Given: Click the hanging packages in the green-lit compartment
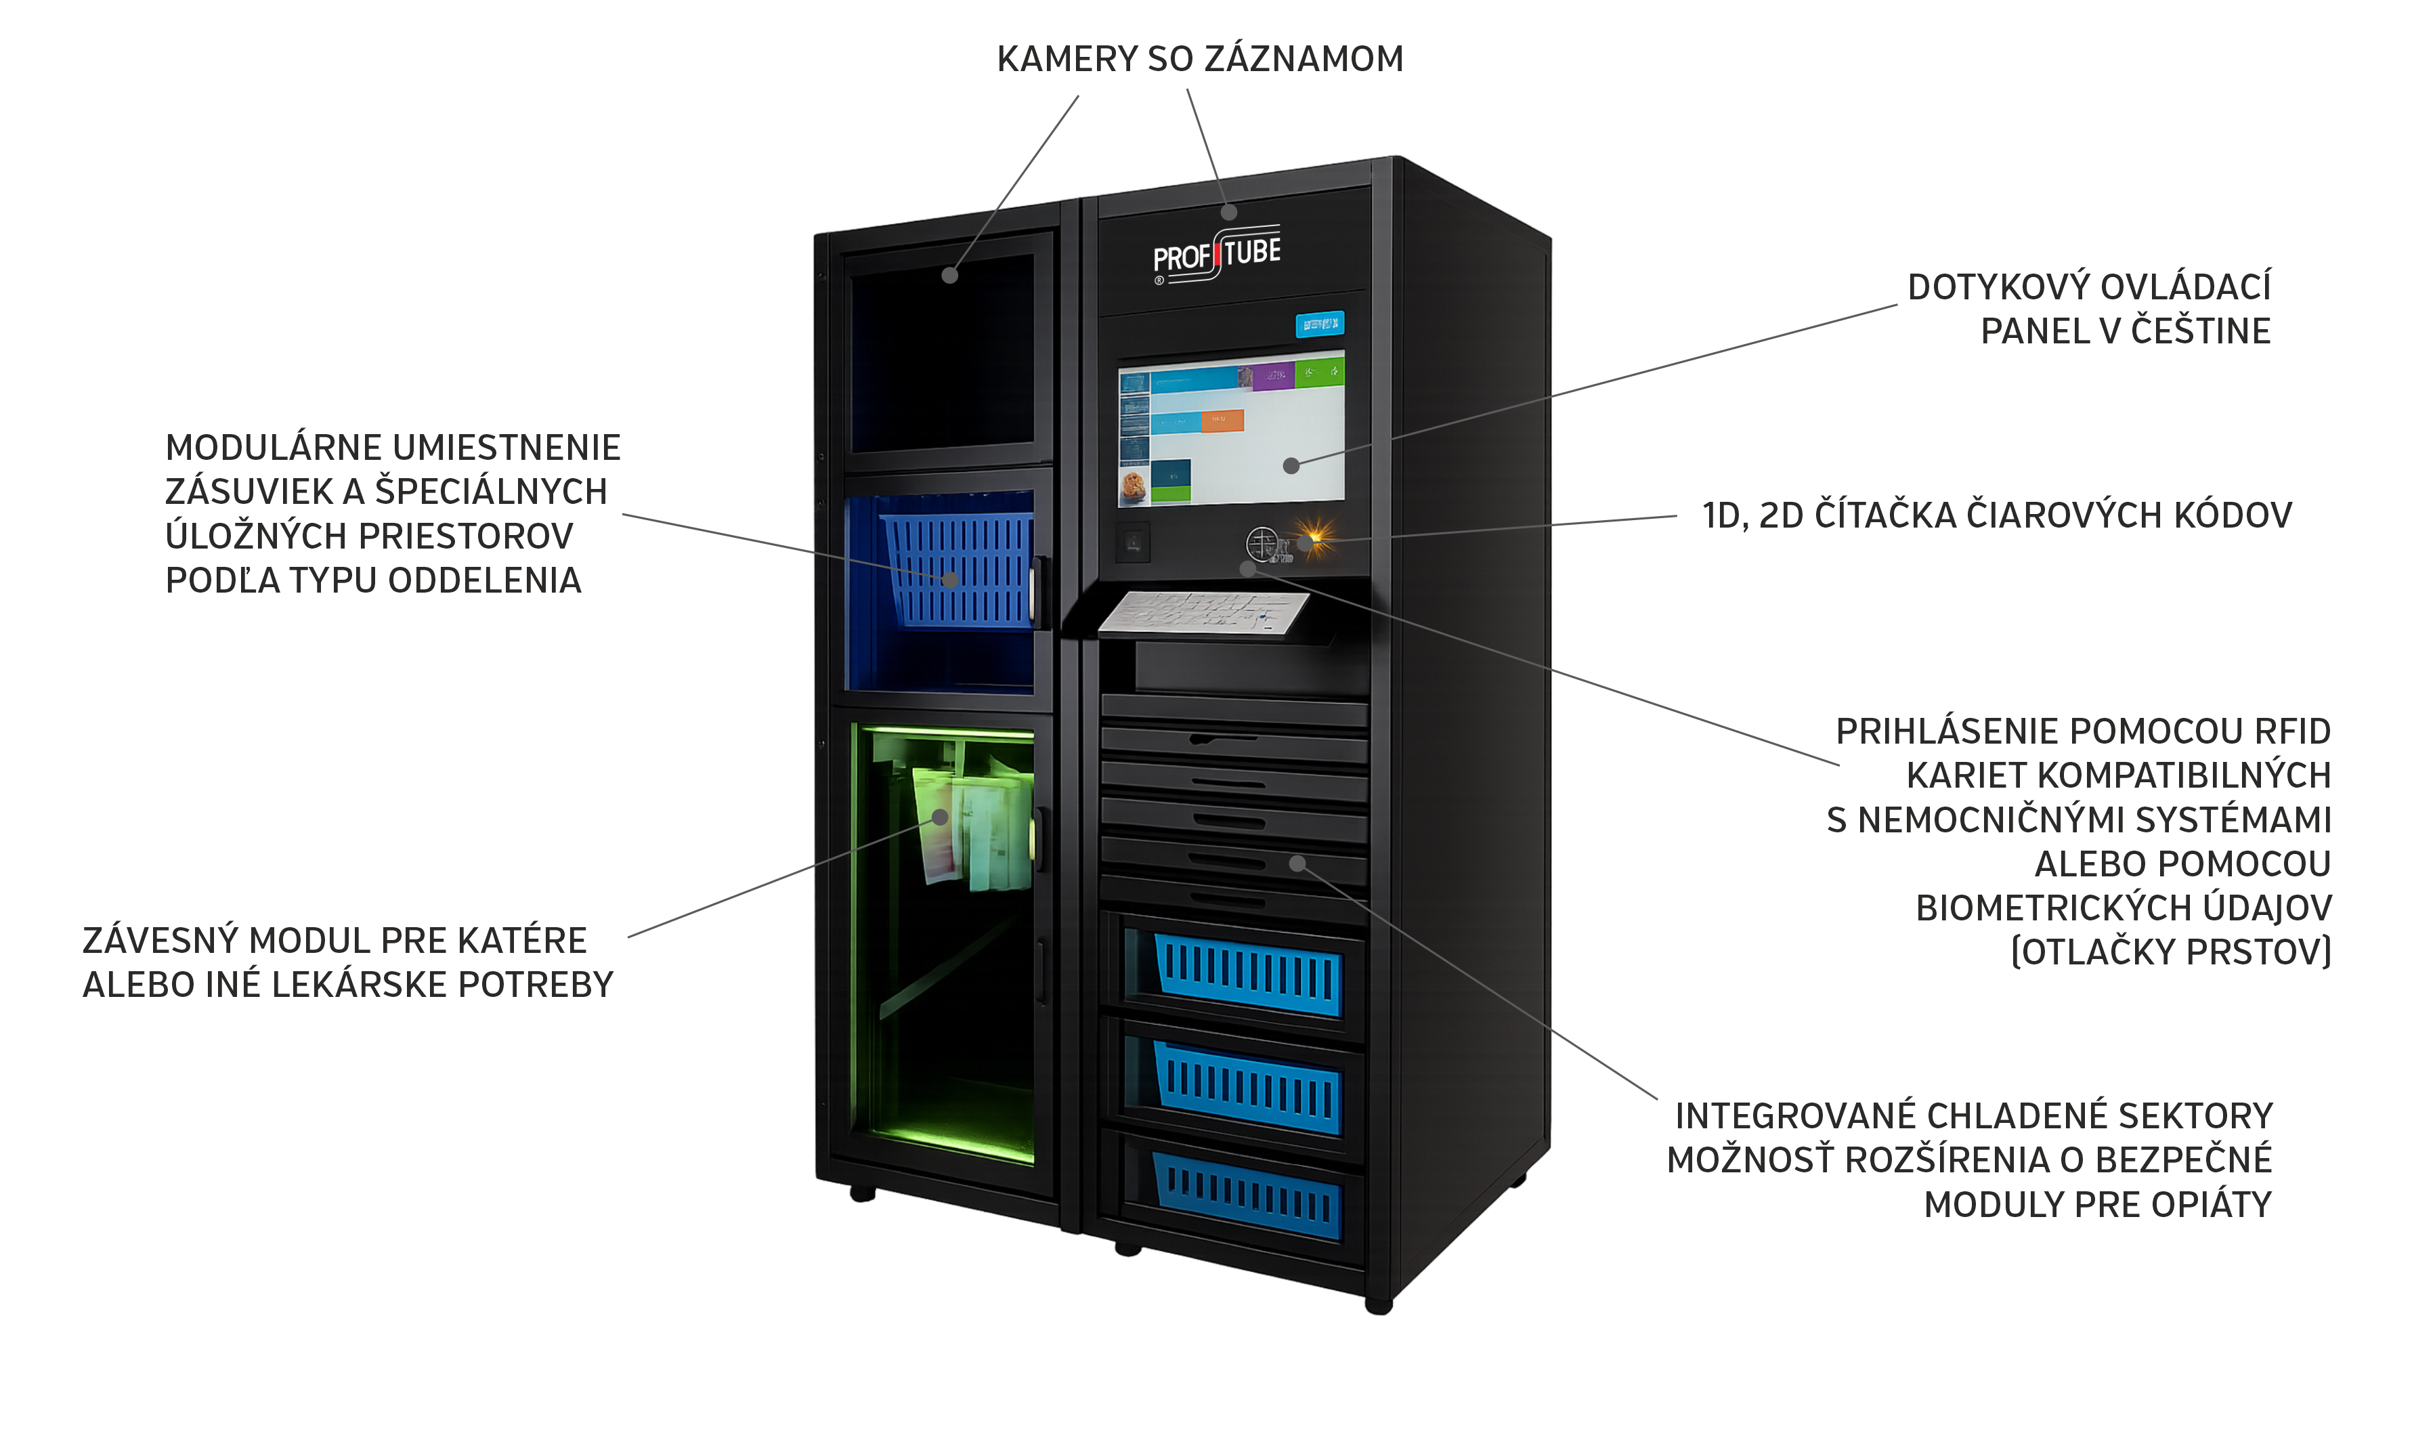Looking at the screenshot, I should pyautogui.click(x=972, y=826).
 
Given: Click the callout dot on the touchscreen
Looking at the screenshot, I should pyautogui.click(x=1291, y=466).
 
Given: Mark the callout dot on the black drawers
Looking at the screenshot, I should pyautogui.click(x=1297, y=863).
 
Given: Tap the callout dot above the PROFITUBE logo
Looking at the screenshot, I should pyautogui.click(x=1229, y=212).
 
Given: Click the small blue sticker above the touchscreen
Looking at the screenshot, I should pyautogui.click(x=1319, y=324).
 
